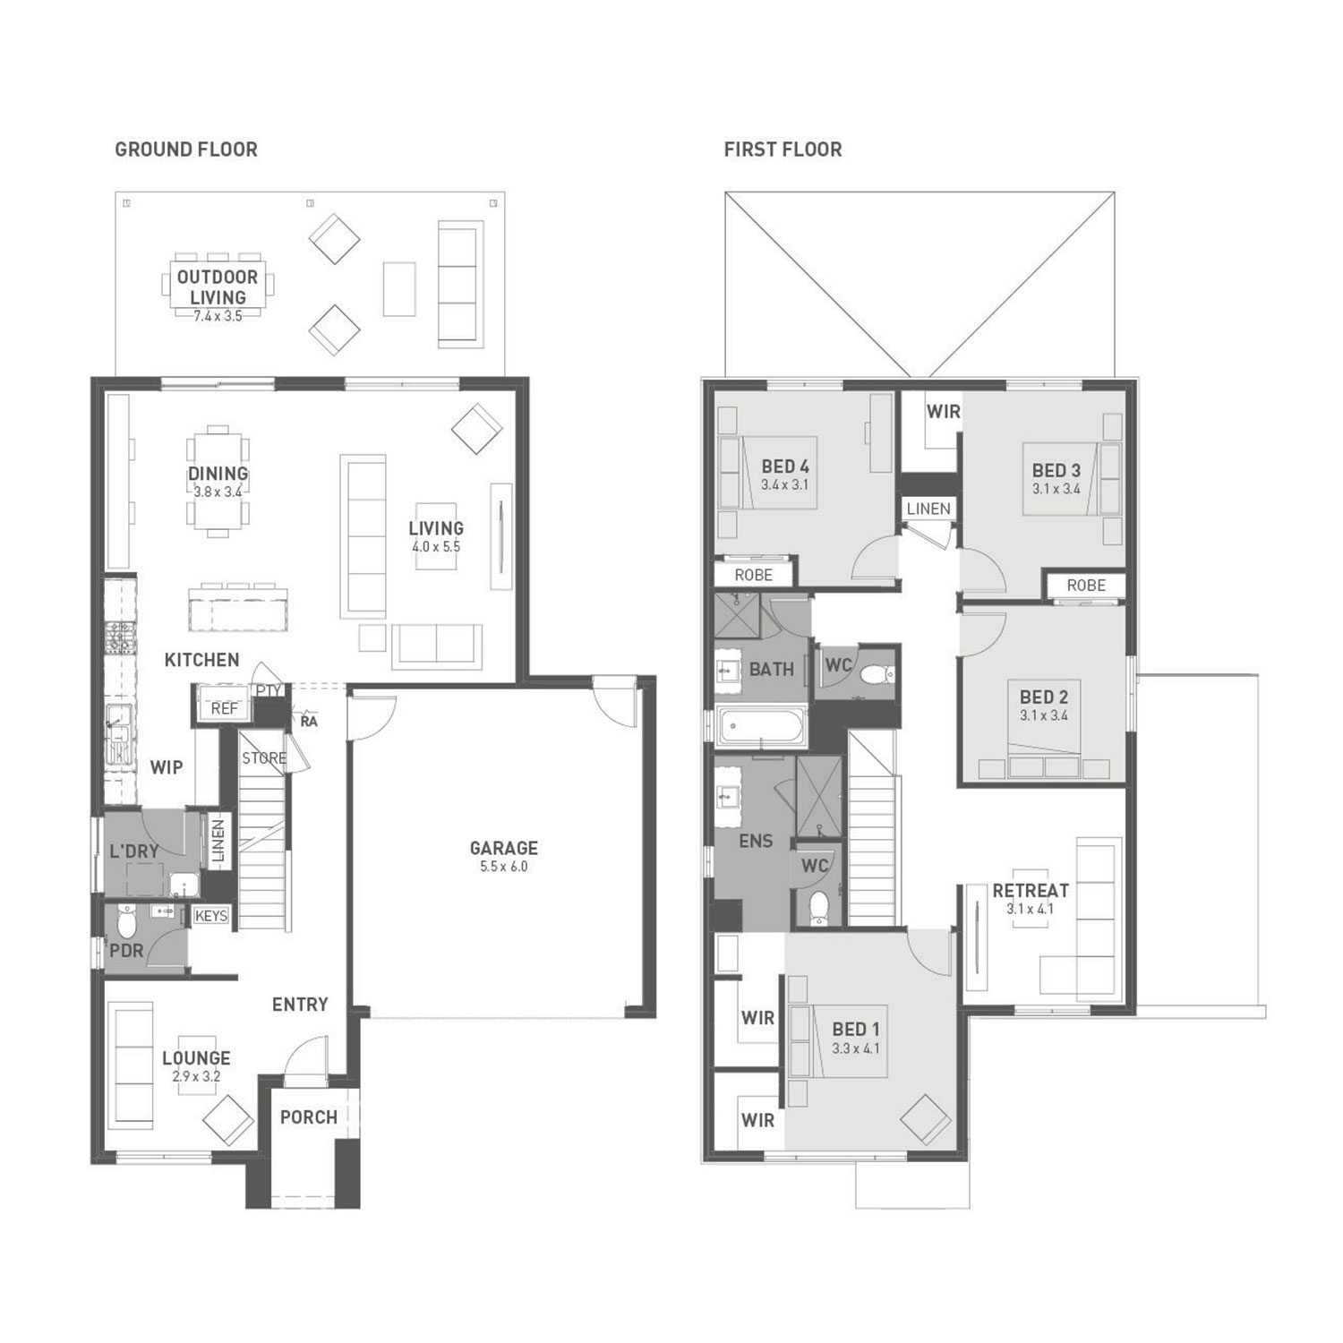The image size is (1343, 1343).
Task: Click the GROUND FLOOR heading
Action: [186, 150]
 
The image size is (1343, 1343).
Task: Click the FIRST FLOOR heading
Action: [783, 150]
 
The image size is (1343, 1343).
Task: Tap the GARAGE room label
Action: [504, 848]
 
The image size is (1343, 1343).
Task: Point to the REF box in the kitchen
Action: [225, 708]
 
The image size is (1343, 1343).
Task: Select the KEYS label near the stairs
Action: [211, 916]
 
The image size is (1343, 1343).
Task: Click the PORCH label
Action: [309, 1117]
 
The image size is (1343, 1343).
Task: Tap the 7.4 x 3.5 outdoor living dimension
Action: [218, 316]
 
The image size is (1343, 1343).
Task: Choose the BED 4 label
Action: [785, 466]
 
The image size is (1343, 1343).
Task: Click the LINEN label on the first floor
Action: [928, 509]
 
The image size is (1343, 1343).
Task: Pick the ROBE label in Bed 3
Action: [1086, 586]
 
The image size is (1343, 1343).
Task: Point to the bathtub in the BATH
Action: [763, 725]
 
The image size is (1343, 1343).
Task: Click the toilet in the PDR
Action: [126, 920]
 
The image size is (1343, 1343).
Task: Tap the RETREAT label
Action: [1031, 891]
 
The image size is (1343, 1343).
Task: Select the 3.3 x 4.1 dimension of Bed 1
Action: [856, 1048]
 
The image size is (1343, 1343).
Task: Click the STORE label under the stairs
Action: [264, 758]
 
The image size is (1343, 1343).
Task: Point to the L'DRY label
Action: [134, 851]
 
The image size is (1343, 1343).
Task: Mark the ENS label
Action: [756, 841]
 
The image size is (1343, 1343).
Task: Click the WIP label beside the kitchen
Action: [167, 767]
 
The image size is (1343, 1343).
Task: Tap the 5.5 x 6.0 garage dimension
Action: [504, 867]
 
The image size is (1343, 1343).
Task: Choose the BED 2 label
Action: [1044, 697]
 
